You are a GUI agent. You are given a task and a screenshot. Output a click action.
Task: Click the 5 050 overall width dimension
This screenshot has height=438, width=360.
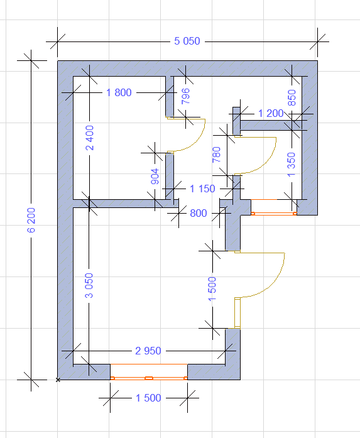click(x=187, y=41)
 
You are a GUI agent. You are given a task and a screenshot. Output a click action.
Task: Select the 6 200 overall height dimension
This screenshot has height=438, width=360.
click(x=31, y=220)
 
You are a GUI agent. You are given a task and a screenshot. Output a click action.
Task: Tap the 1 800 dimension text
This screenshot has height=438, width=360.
click(x=119, y=92)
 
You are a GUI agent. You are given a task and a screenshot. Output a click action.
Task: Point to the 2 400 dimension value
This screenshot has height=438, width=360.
click(x=90, y=138)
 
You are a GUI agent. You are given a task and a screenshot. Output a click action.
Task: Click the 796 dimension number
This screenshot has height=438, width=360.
click(x=185, y=96)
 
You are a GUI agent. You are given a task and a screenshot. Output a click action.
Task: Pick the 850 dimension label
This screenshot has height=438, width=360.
click(x=292, y=97)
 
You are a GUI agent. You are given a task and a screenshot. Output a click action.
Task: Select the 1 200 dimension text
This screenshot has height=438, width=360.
click(x=271, y=113)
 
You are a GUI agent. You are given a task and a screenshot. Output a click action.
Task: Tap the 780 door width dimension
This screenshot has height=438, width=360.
click(x=217, y=155)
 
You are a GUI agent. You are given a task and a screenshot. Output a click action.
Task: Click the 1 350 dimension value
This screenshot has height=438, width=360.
click(x=291, y=165)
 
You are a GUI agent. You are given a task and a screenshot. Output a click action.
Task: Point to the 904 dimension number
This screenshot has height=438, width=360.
click(x=155, y=176)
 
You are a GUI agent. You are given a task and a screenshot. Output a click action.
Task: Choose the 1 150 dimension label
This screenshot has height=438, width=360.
click(x=202, y=189)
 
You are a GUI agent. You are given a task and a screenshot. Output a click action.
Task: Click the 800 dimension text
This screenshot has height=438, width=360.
click(x=199, y=213)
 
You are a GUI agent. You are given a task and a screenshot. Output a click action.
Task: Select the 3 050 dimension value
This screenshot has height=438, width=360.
click(x=89, y=285)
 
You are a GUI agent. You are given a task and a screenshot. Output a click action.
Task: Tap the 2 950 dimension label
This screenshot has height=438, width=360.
click(x=148, y=351)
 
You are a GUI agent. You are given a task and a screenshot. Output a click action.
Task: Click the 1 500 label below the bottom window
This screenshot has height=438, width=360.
click(x=148, y=398)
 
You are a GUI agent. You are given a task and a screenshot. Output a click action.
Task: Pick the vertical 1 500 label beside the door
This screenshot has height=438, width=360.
click(x=212, y=289)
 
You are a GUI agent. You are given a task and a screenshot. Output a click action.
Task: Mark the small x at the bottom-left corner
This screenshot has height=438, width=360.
click(x=58, y=380)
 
